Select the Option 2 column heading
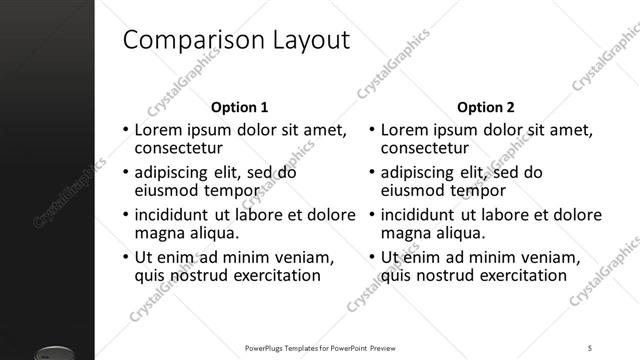click(x=486, y=107)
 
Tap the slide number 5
click(x=591, y=348)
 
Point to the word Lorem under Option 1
click(x=158, y=130)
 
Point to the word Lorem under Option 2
click(x=404, y=130)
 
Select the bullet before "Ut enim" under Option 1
click(x=125, y=258)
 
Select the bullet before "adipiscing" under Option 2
click(x=371, y=173)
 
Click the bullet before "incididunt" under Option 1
click(x=125, y=216)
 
